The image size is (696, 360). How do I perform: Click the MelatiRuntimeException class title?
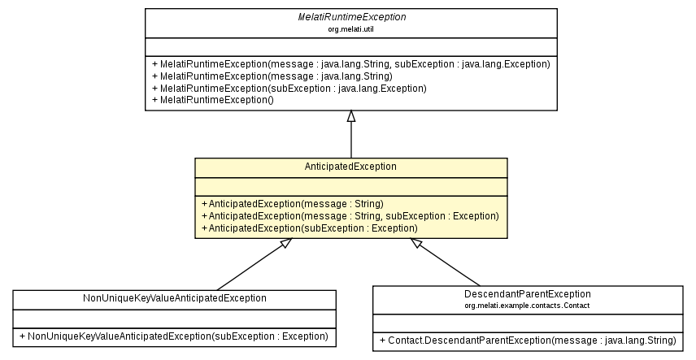tap(350, 16)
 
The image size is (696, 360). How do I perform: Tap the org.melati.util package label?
tap(350, 28)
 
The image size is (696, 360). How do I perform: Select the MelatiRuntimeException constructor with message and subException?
tap(350, 63)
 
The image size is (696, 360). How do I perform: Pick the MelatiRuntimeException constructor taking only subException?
tap(289, 88)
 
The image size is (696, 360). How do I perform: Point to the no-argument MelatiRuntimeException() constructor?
tap(213, 99)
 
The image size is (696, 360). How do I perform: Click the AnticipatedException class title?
tap(350, 166)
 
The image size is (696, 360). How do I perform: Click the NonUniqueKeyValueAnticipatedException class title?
tap(175, 298)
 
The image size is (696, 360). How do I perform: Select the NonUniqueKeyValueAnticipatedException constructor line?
tap(174, 336)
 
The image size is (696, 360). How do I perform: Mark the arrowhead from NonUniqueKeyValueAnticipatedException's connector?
tap(284, 244)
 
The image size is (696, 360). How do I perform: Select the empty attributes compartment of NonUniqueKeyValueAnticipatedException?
tap(174, 317)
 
